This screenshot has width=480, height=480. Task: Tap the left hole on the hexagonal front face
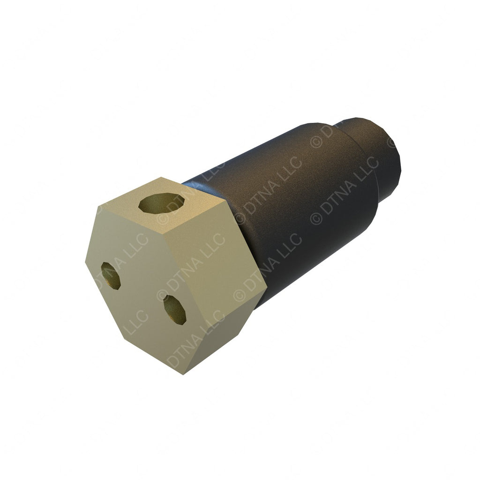coord(111,275)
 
